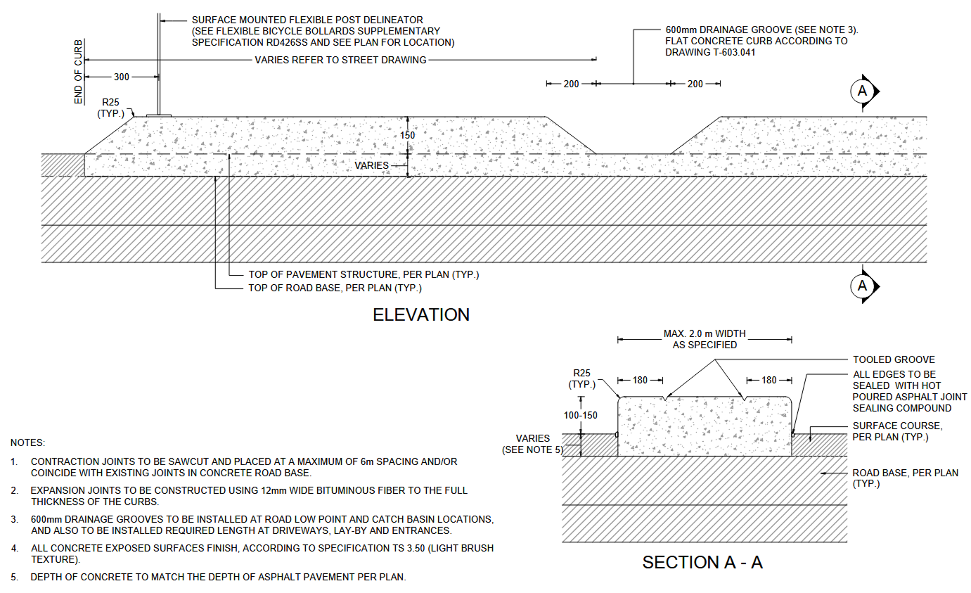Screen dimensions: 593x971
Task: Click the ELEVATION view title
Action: click(x=421, y=314)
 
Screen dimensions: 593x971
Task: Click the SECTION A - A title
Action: click(x=702, y=562)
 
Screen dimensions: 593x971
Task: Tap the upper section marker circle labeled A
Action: click(x=863, y=91)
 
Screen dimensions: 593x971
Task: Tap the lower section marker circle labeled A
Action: click(x=863, y=286)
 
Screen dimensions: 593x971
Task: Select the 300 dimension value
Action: click(x=122, y=77)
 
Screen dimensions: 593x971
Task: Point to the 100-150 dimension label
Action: click(x=581, y=415)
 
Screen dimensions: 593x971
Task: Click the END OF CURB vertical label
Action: click(x=78, y=72)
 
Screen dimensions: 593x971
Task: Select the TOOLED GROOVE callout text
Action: click(x=894, y=359)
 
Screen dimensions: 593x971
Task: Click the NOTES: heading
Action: click(x=27, y=443)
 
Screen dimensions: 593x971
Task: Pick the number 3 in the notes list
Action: click(x=14, y=519)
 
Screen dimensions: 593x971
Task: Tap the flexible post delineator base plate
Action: click(x=159, y=115)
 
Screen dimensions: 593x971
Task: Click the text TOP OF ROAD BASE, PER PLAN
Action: click(x=335, y=288)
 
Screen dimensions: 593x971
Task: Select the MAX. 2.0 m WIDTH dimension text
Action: click(x=705, y=333)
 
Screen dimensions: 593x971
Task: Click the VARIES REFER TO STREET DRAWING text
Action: click(x=340, y=60)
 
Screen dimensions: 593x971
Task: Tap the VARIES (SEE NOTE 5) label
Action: click(x=532, y=444)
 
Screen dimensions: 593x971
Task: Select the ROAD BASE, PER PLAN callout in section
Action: click(x=905, y=473)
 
